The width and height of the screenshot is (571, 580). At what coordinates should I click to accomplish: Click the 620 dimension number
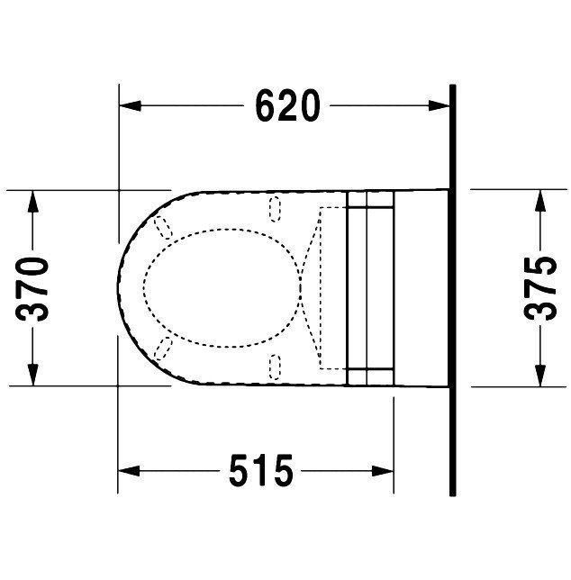[286, 107]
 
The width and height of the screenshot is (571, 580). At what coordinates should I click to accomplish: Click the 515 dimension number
[260, 470]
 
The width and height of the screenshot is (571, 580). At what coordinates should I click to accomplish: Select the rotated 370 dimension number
[33, 288]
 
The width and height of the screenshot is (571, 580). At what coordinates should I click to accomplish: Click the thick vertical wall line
[452, 288]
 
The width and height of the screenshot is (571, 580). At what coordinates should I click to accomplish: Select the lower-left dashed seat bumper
[163, 350]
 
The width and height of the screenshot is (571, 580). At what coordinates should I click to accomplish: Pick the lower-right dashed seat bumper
[275, 367]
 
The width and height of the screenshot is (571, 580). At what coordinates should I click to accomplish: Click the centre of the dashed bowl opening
[221, 287]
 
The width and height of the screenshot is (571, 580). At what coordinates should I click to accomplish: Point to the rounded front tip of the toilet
[121, 287]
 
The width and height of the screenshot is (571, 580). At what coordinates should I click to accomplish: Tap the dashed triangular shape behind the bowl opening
[312, 287]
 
